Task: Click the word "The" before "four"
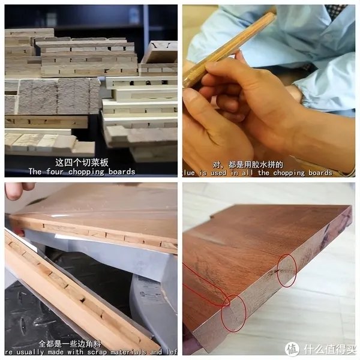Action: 35,172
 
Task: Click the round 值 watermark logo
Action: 292,349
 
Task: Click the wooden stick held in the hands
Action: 228,48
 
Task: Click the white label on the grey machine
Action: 150,294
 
